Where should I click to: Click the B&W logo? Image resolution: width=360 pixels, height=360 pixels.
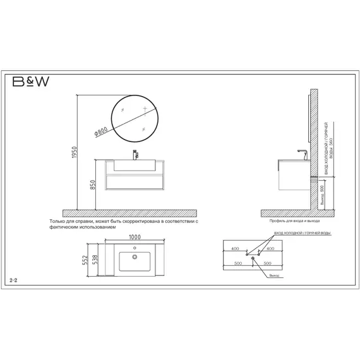tap(29, 82)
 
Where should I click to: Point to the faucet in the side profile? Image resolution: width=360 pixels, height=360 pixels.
tap(302, 153)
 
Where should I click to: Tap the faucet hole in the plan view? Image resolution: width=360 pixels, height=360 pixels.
tap(134, 249)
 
